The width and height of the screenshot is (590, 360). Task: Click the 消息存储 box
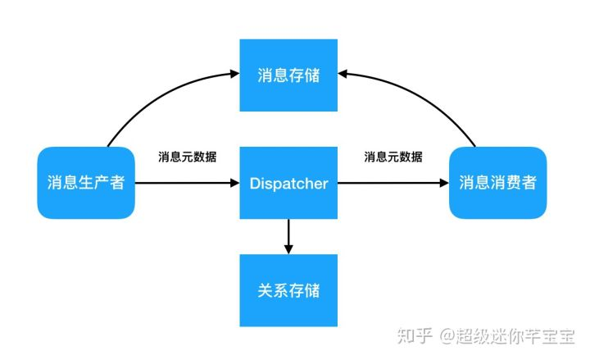pyautogui.click(x=288, y=75)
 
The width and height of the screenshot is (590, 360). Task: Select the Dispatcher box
pyautogui.click(x=288, y=182)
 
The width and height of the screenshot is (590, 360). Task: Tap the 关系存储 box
pyautogui.click(x=288, y=289)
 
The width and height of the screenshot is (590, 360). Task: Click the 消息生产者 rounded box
pyautogui.click(x=86, y=182)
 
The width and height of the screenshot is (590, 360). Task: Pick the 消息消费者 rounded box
pyautogui.click(x=497, y=182)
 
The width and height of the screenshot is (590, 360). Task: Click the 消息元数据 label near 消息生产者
pyautogui.click(x=188, y=157)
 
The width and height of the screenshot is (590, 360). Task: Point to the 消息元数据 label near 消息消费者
pyautogui.click(x=393, y=157)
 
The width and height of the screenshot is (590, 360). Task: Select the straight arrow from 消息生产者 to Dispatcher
pyautogui.click(x=187, y=183)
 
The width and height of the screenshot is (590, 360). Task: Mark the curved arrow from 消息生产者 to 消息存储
pyautogui.click(x=156, y=94)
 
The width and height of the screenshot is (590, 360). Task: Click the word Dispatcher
pyautogui.click(x=288, y=183)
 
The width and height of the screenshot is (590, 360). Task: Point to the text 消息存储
pyautogui.click(x=288, y=76)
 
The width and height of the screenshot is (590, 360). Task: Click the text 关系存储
pyautogui.click(x=288, y=290)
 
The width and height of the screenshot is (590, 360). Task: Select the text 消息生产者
pyautogui.click(x=86, y=182)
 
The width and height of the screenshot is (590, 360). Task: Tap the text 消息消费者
pyautogui.click(x=497, y=182)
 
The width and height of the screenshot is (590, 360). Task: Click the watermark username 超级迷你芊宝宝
pyautogui.click(x=516, y=335)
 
